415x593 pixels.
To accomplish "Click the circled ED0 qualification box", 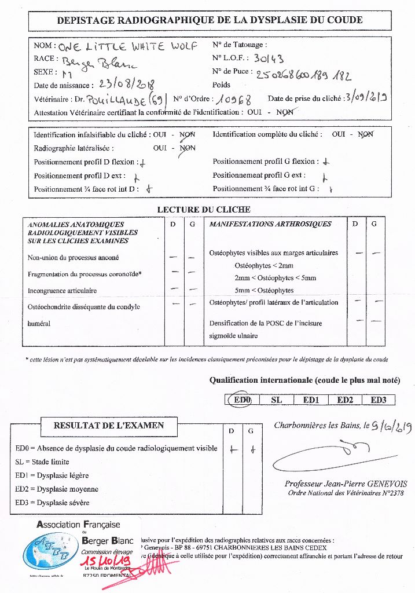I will (240, 400).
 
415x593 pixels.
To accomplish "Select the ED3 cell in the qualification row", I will (382, 400).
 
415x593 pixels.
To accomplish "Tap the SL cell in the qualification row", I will (276, 400).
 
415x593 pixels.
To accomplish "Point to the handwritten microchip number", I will (303, 75).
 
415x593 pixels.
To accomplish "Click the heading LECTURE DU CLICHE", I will (204, 210).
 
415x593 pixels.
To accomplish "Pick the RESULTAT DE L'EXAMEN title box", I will (109, 425).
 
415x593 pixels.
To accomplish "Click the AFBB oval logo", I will (52, 550).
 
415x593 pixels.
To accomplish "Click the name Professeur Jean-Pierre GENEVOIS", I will (346, 484).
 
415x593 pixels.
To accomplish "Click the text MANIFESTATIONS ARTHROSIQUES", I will (270, 224).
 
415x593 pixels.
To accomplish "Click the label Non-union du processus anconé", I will (74, 257).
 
